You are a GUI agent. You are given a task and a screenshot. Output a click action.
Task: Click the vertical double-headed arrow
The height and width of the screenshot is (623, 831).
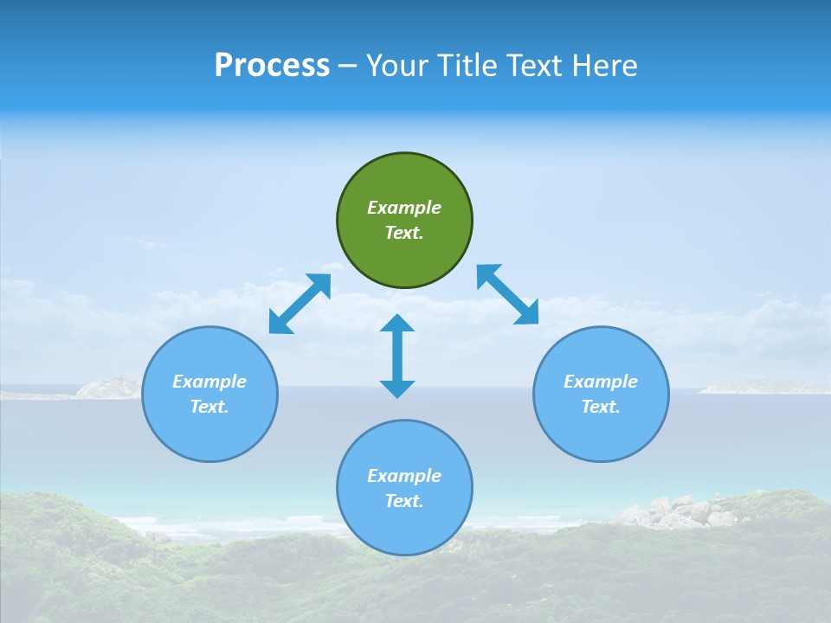pos(397,356)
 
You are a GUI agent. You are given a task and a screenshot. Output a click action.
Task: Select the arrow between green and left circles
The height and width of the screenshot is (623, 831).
pos(300,304)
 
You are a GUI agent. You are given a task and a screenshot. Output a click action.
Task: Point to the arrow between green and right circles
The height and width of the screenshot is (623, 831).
pos(507,294)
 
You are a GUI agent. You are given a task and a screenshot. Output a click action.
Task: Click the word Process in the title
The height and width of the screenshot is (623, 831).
pos(272,66)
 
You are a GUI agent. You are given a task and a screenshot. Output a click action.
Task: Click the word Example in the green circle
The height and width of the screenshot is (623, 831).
pos(404,208)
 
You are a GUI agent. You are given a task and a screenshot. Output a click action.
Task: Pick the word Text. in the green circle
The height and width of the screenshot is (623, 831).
pos(404,233)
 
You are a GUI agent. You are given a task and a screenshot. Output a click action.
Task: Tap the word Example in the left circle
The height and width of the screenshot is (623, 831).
pos(209,382)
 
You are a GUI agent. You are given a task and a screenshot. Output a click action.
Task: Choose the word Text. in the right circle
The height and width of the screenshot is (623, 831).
pos(601,407)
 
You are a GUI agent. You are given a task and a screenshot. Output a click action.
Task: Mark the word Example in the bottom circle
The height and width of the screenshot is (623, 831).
pos(404,476)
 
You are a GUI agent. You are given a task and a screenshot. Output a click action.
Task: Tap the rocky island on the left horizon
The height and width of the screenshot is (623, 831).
pos(108,387)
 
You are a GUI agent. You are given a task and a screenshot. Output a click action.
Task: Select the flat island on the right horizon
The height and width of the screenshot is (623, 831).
pos(762,387)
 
